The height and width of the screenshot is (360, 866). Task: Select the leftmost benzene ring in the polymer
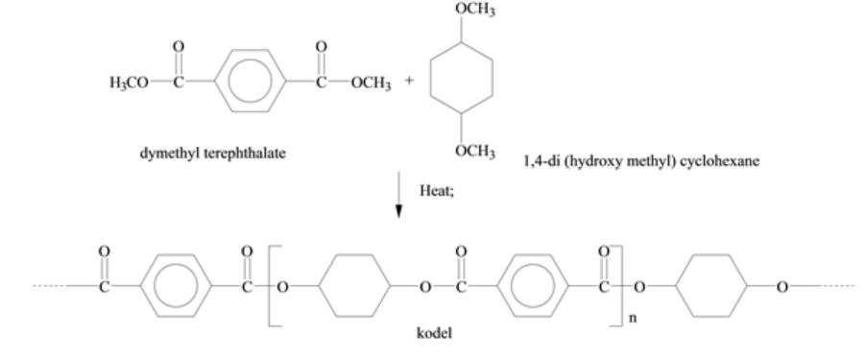173,285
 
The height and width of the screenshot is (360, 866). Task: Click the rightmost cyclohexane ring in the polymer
710,285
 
